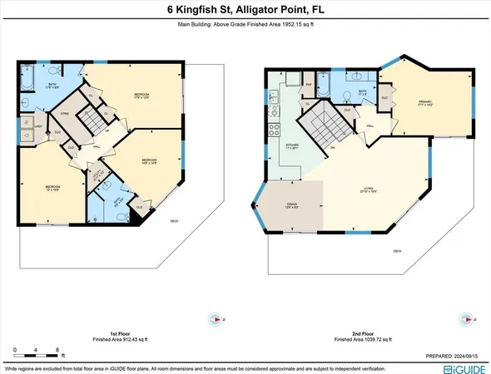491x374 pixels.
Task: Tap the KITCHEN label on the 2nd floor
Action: (x=292, y=145)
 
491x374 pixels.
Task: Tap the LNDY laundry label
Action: (x=39, y=126)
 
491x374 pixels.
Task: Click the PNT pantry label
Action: (x=308, y=84)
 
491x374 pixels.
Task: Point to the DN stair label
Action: (x=333, y=147)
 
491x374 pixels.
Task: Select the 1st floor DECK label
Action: (x=174, y=220)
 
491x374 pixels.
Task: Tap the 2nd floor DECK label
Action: (x=397, y=250)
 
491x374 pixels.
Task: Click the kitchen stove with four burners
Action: (x=274, y=130)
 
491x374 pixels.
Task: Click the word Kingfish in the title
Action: (x=202, y=10)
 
